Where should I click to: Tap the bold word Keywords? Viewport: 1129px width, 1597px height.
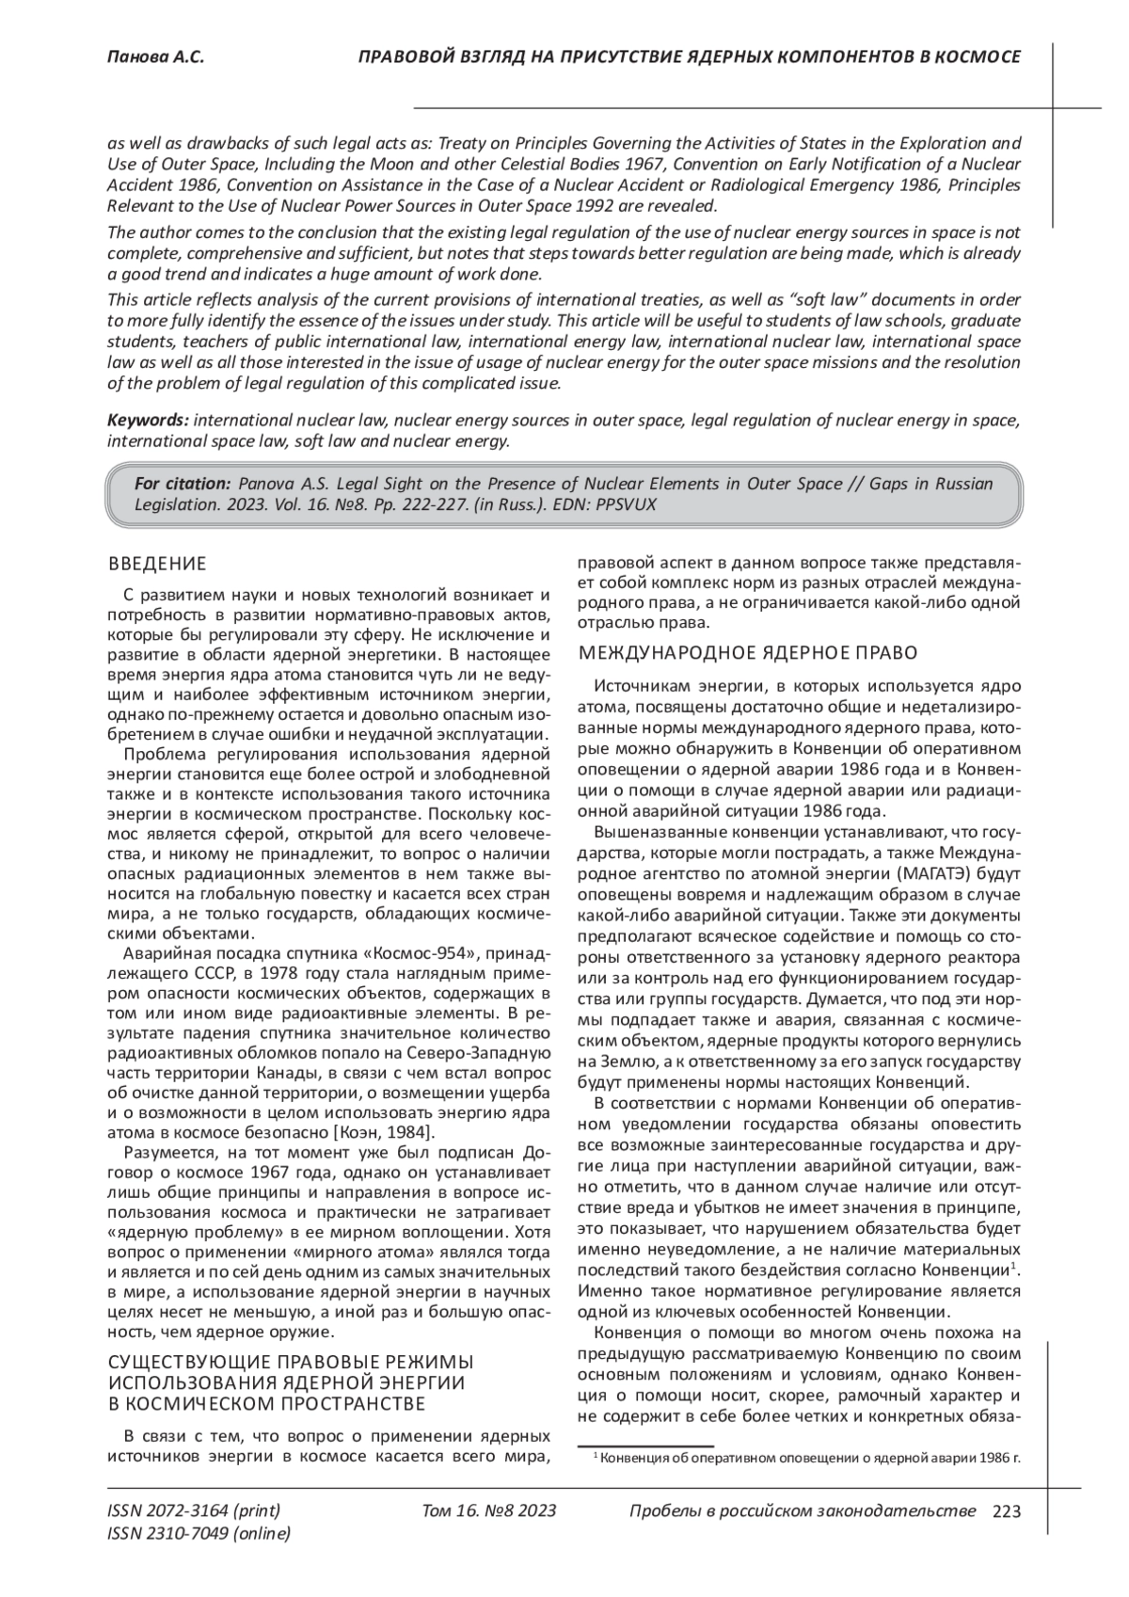click(x=148, y=420)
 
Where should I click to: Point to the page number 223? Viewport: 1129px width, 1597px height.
click(x=1006, y=1511)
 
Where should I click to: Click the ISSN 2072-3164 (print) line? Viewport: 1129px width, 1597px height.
click(x=194, y=1511)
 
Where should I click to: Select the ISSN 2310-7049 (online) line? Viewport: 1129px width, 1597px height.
click(x=199, y=1534)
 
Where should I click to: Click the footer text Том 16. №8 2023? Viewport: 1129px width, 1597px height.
click(x=489, y=1511)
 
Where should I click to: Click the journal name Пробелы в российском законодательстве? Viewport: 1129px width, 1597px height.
click(x=802, y=1511)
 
